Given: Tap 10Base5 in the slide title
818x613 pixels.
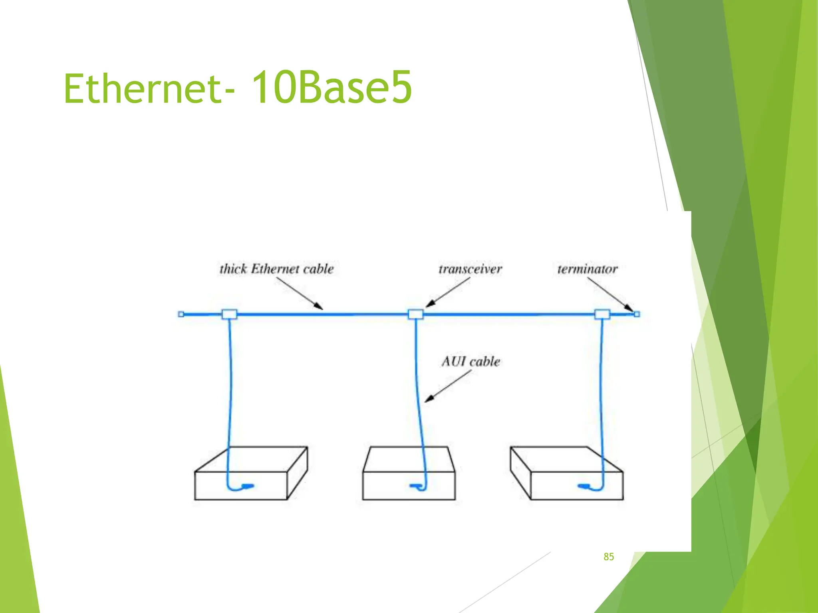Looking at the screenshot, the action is pyautogui.click(x=332, y=87).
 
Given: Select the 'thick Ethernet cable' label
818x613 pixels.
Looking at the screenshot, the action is pyautogui.click(x=276, y=269).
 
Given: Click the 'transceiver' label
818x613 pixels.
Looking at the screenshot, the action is pyautogui.click(x=470, y=269).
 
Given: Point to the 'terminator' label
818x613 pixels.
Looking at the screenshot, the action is pyautogui.click(x=587, y=269).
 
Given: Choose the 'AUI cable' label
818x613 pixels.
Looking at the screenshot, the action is pyautogui.click(x=471, y=362).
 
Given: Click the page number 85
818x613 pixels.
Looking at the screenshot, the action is pyautogui.click(x=609, y=557).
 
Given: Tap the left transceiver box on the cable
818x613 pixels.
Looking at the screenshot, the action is pyautogui.click(x=229, y=314).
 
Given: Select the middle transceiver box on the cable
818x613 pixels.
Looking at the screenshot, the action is pyautogui.click(x=415, y=314).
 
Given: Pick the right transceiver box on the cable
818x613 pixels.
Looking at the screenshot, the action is pyautogui.click(x=602, y=314).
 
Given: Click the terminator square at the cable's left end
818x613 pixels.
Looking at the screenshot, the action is pyautogui.click(x=181, y=314).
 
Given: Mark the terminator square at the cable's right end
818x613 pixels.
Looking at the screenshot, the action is pyautogui.click(x=637, y=314).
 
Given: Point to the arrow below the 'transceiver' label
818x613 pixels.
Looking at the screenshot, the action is pyautogui.click(x=448, y=293).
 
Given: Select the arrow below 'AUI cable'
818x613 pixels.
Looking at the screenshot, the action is pyautogui.click(x=448, y=386).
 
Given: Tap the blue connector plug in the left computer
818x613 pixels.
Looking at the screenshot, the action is pyautogui.click(x=248, y=486).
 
